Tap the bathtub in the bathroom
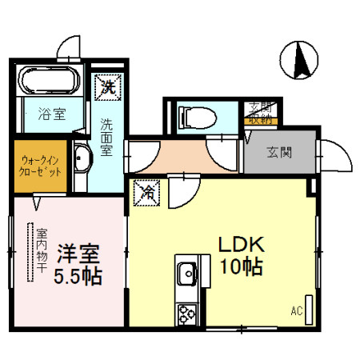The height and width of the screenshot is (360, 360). pos(49,82)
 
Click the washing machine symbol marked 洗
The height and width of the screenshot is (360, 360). pos(106,86)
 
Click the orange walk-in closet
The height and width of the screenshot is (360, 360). pos(39,166)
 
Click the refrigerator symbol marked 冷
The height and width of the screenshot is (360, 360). pos(148,191)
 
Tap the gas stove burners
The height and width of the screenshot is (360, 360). pos(187,311)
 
